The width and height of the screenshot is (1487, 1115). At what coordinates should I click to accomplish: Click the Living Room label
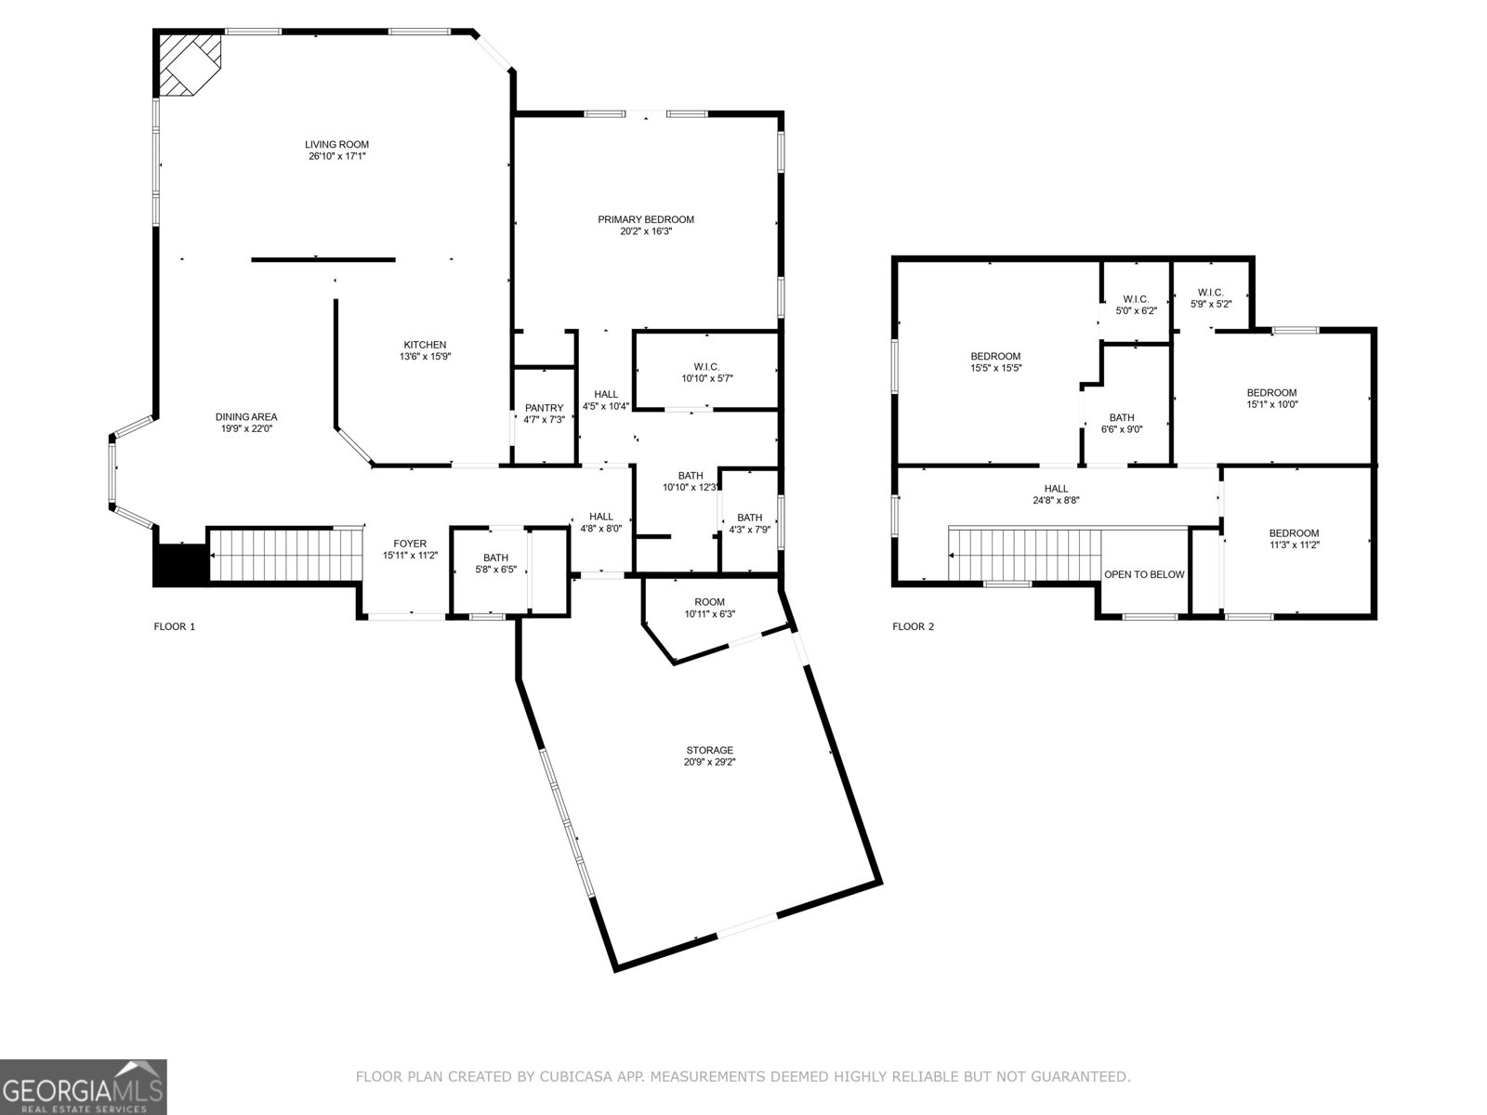coord(336,144)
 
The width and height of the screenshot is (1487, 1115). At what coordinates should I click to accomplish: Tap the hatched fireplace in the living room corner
coord(189,63)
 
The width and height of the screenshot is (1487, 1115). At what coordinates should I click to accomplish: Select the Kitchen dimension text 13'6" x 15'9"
coord(425,357)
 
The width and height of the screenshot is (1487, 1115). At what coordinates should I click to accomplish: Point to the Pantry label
coord(544,408)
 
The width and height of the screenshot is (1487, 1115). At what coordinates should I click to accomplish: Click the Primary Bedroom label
coord(645,219)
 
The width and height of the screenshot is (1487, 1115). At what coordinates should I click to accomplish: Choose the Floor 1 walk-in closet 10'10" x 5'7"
coord(706,373)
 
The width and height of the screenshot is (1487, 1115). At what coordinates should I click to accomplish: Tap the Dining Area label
coord(245,417)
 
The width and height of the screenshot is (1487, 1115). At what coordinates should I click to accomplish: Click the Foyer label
coord(410,544)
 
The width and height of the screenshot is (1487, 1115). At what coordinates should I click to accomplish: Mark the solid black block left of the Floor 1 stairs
coord(180,565)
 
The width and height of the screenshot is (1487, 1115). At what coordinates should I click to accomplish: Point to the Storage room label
coord(709,750)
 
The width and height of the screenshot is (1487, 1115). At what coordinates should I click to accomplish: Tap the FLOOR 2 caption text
coord(913,626)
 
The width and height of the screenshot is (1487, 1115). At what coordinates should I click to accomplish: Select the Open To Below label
coord(1143,574)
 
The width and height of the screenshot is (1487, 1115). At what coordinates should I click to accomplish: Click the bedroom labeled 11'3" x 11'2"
coord(1294,539)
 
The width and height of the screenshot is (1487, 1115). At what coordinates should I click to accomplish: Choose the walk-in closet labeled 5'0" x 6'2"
coord(1136,305)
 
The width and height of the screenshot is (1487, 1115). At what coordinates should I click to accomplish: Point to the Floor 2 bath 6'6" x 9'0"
coord(1122,423)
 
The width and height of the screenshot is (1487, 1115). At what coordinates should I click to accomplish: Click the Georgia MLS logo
coord(84,1085)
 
